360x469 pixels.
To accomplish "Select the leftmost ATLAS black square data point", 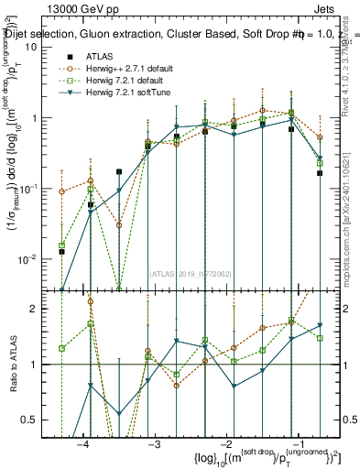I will (x=61, y=251).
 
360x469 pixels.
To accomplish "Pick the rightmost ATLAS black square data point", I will (x=320, y=172).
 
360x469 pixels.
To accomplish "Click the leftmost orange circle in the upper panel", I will (x=61, y=191).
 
